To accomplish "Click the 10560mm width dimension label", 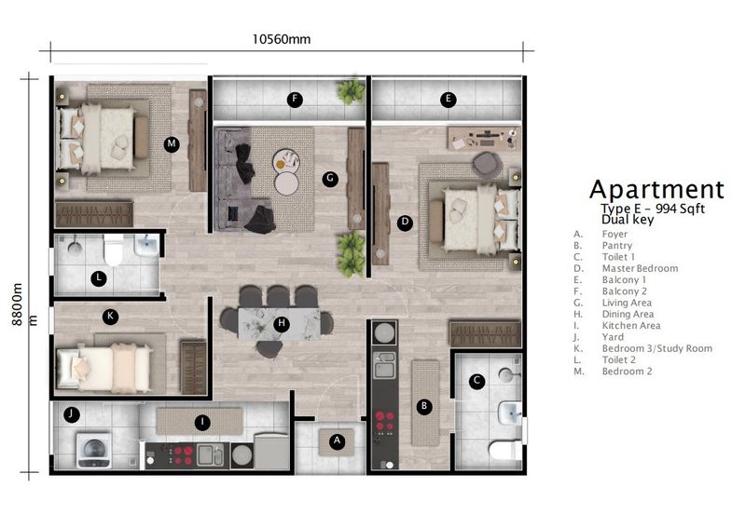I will (281, 38).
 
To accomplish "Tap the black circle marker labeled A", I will (338, 441).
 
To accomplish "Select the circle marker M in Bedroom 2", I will (171, 143).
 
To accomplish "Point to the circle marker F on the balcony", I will (295, 99).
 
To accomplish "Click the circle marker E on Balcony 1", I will (449, 99).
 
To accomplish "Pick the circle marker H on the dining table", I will (282, 324).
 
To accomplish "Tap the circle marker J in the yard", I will (70, 414).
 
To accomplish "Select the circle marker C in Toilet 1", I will (476, 380).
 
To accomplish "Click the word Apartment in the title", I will (656, 192).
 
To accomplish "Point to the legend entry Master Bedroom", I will (639, 268).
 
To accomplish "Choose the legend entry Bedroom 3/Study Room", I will (656, 348).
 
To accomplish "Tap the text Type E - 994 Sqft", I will (645, 210).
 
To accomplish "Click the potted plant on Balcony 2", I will (352, 91).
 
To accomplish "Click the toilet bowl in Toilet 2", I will (114, 250).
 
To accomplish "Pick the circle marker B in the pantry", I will (423, 406).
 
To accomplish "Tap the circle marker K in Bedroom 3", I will (110, 317).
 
